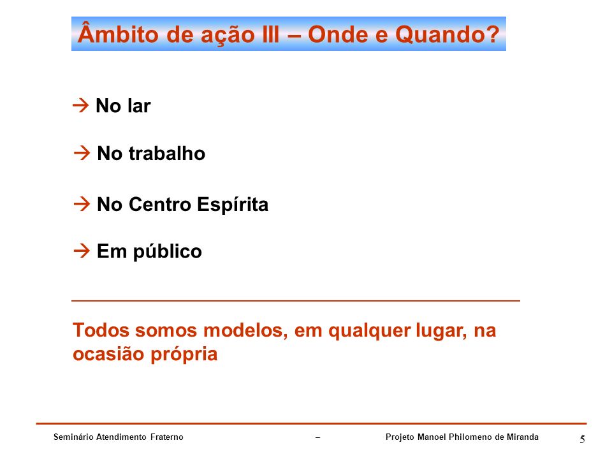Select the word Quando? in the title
[x=447, y=35]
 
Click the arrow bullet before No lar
[x=81, y=105]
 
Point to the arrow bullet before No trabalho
[x=82, y=152]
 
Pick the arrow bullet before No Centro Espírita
[x=82, y=204]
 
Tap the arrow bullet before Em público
[x=82, y=251]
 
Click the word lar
[x=139, y=106]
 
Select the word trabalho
[x=166, y=153]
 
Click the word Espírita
[x=233, y=205]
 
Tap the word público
[x=168, y=252]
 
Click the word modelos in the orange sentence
[x=245, y=331]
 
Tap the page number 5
[x=582, y=439]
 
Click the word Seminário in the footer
[x=73, y=437]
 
